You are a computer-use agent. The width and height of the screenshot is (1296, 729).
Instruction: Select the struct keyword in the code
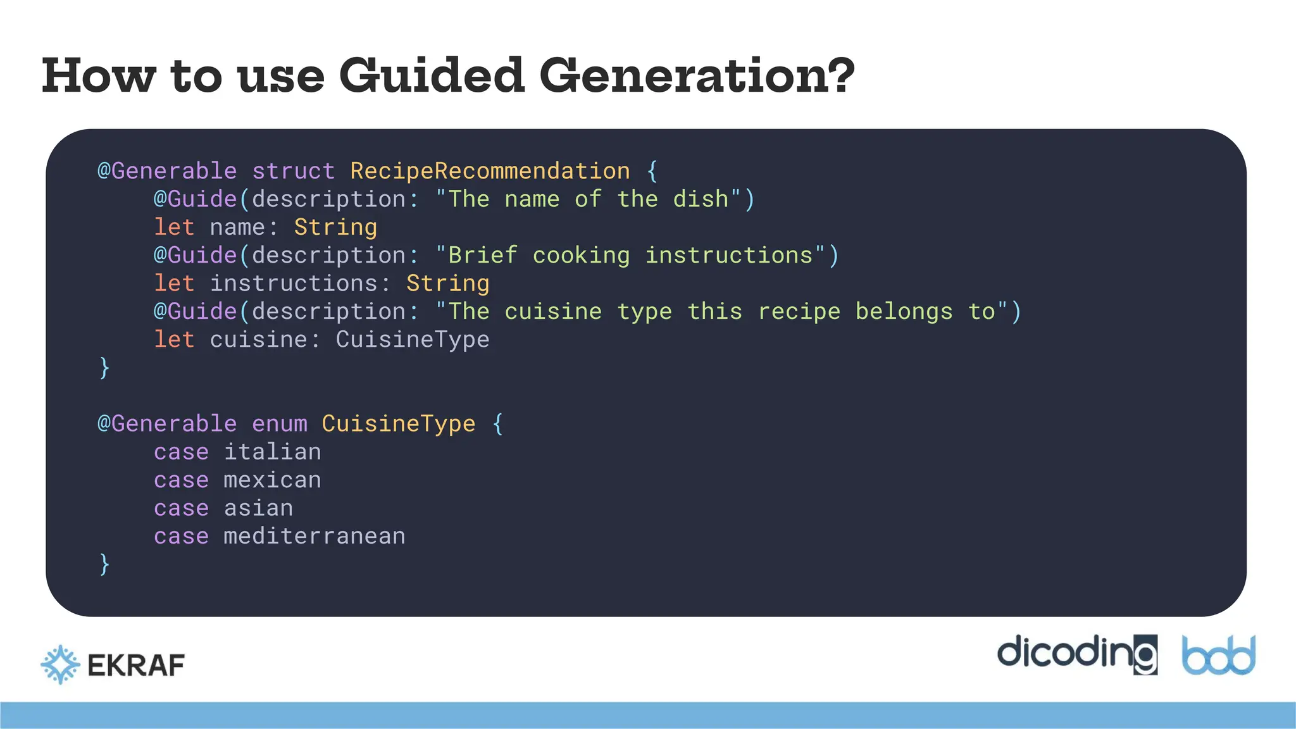tap(293, 171)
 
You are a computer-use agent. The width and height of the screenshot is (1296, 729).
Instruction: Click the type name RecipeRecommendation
tap(490, 171)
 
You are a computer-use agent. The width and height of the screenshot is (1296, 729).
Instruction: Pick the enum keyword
tap(279, 424)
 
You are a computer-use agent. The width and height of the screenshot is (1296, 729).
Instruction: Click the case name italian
tap(272, 452)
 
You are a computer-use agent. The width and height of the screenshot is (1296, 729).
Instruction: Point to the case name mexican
tap(272, 480)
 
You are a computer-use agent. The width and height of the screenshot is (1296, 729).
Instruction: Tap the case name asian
tap(258, 508)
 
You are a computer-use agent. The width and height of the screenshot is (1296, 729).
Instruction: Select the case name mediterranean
tap(314, 537)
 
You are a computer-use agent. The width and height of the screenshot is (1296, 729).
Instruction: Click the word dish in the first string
tap(701, 199)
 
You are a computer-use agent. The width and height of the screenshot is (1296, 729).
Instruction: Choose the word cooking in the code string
tap(581, 256)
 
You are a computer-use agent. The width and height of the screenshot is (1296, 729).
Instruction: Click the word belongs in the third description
tap(904, 311)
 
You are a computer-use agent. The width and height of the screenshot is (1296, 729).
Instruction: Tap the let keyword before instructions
tap(174, 283)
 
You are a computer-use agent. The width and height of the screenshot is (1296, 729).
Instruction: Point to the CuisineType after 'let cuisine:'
tap(412, 340)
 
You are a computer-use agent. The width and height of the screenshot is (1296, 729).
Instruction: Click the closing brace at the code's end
tap(104, 564)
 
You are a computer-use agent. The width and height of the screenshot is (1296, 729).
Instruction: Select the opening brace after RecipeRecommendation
tap(652, 171)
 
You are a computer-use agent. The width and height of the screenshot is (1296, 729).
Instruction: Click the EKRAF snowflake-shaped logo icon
tap(60, 664)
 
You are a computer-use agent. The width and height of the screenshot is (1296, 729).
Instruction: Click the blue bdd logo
tap(1219, 656)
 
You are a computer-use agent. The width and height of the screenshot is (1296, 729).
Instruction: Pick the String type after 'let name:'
tap(335, 227)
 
